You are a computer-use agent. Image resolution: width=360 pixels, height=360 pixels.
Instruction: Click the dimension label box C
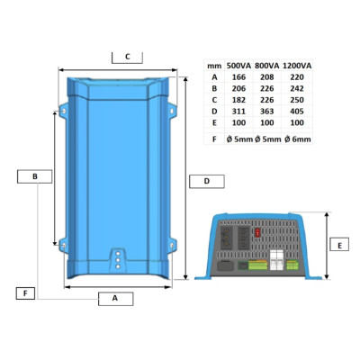pos(127,58)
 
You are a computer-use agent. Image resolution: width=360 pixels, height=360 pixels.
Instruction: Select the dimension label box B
pos(34,176)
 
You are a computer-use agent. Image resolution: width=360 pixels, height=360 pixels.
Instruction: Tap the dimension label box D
pos(207,181)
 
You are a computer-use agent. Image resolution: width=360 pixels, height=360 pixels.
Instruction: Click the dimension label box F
pos(25,293)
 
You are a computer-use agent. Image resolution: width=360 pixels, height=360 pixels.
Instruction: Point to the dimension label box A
pos(115,299)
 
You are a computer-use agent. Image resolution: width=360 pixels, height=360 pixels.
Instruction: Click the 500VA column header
pos(238,66)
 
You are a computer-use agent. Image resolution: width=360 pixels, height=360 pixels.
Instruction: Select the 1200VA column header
pos(297,66)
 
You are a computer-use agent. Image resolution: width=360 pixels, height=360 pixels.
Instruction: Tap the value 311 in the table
pos(238,112)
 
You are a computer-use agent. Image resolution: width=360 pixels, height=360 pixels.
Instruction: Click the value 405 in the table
pos(297,112)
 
